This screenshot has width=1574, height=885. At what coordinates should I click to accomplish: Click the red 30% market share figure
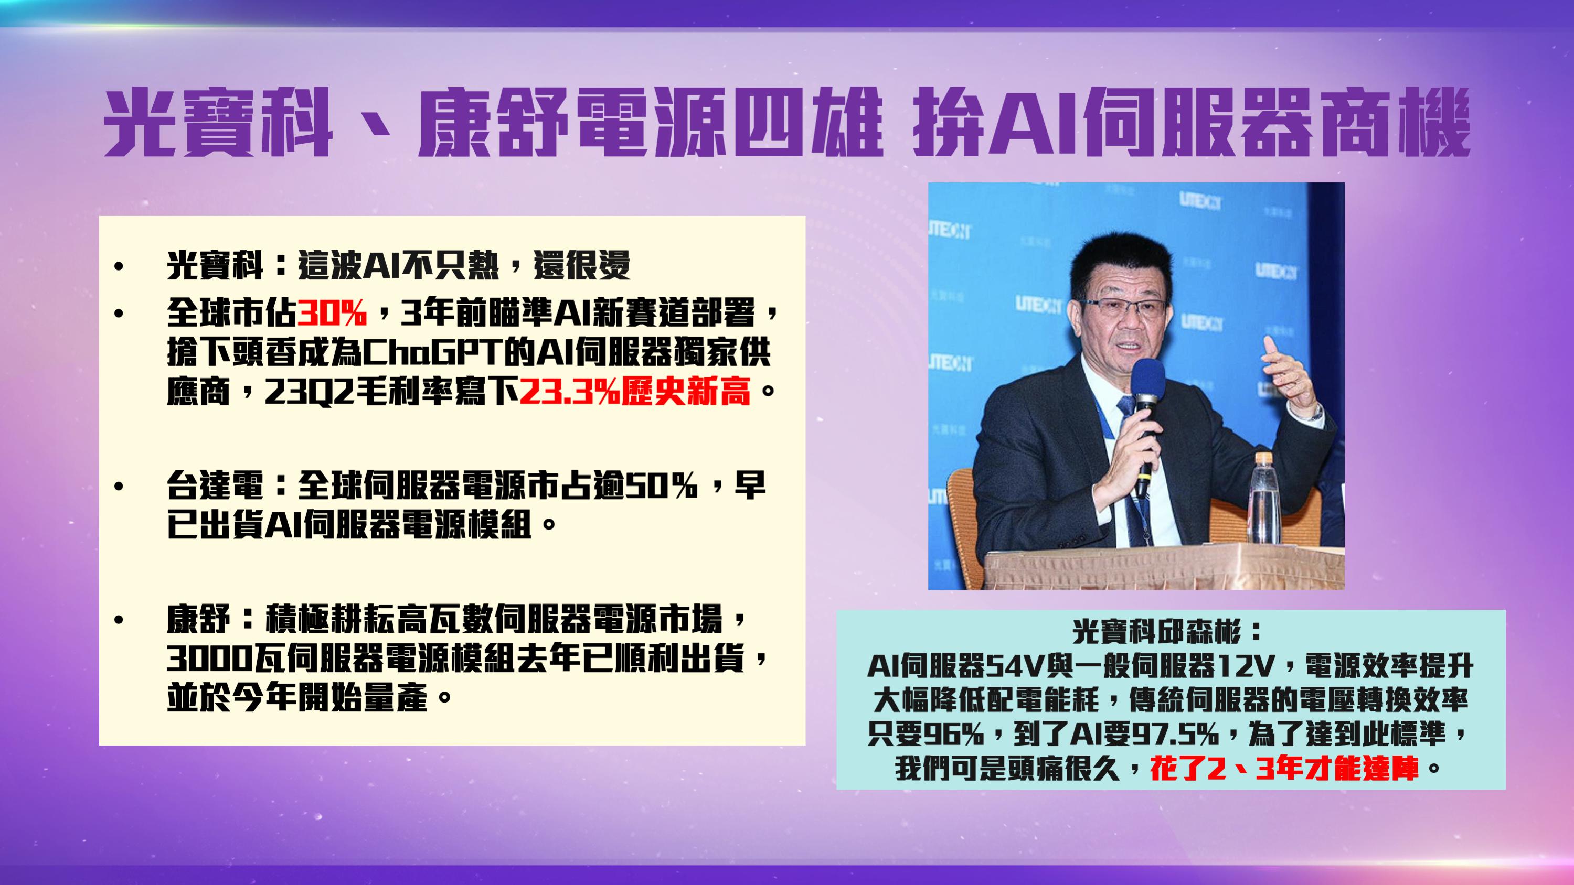tap(332, 315)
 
